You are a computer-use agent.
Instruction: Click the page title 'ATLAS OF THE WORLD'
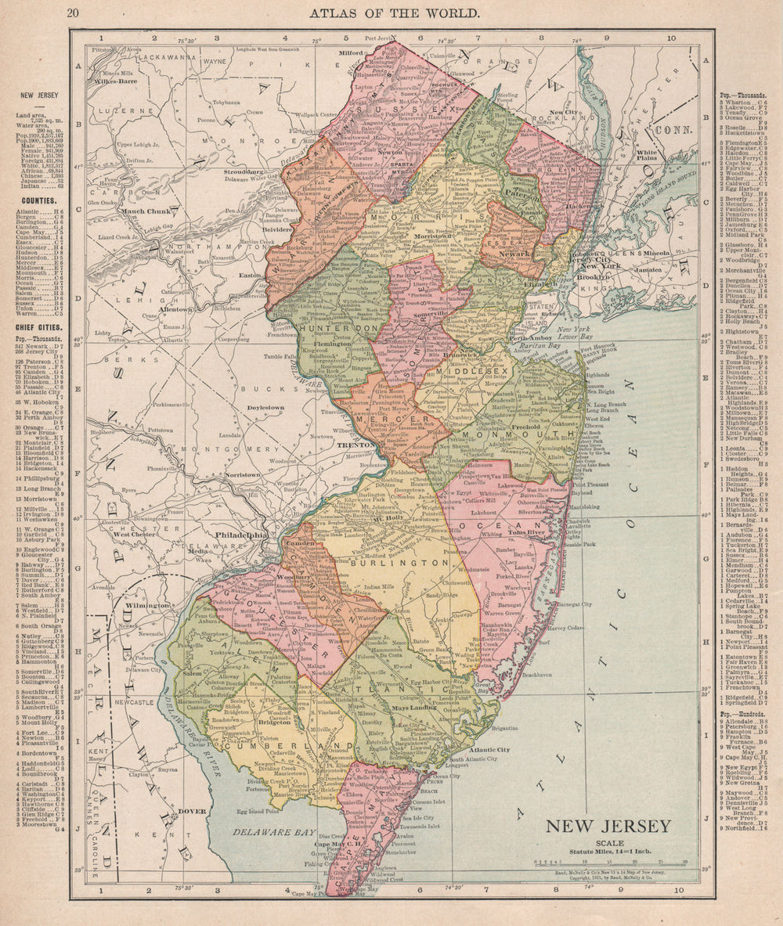394,13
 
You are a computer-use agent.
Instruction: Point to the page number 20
73,13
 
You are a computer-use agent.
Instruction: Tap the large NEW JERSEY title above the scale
608,826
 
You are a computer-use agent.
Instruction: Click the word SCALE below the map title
608,841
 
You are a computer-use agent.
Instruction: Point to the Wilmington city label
148,605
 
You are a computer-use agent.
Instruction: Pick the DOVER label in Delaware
191,811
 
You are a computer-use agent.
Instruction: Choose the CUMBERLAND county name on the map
258,746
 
